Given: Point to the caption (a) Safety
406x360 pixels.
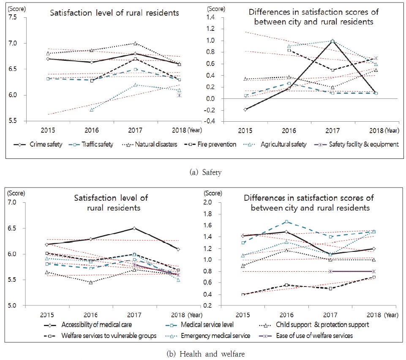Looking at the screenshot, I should [203, 172].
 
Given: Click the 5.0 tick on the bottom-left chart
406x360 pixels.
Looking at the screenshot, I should [12, 305].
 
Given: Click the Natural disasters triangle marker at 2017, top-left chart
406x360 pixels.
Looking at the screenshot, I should [135, 43].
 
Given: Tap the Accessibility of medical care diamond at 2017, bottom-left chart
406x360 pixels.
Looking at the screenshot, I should [134, 228].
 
